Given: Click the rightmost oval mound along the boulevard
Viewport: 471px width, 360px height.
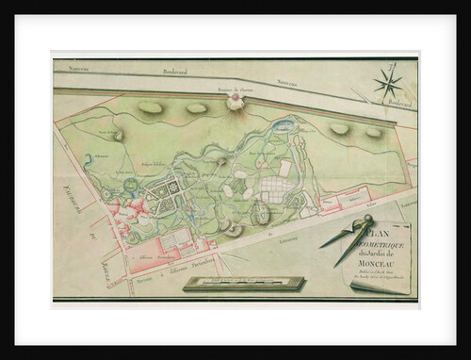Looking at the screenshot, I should click(x=373, y=131).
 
